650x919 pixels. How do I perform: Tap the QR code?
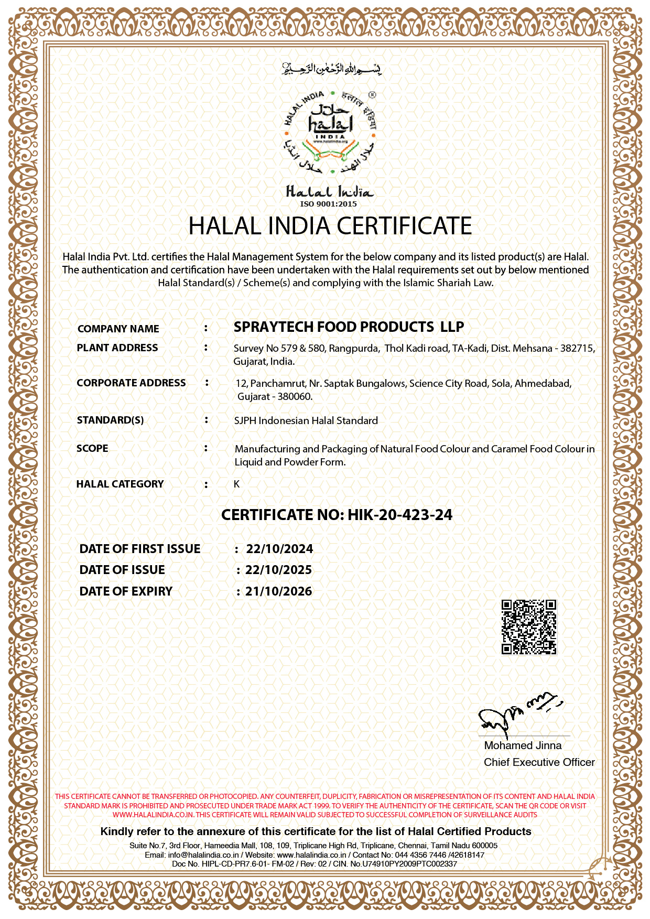(x=529, y=627)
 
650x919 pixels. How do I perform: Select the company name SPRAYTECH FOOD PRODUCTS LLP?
(x=349, y=327)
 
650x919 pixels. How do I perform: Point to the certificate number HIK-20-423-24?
(x=400, y=515)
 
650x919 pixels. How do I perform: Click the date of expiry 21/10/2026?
(x=278, y=591)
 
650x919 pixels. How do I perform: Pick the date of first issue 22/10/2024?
(x=279, y=549)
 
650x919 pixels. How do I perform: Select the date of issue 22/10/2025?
(x=278, y=570)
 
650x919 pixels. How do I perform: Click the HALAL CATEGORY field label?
(x=120, y=484)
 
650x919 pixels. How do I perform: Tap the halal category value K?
(x=236, y=484)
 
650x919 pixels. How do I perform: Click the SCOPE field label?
(x=92, y=448)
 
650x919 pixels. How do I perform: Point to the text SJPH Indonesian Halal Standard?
(x=306, y=420)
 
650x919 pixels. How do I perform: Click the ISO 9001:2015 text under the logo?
(x=329, y=204)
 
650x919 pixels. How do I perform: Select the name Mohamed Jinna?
(x=523, y=745)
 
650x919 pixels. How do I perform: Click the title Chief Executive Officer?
(x=539, y=762)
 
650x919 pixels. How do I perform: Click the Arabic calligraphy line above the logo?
(x=331, y=69)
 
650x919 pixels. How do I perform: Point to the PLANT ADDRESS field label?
(x=117, y=348)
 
